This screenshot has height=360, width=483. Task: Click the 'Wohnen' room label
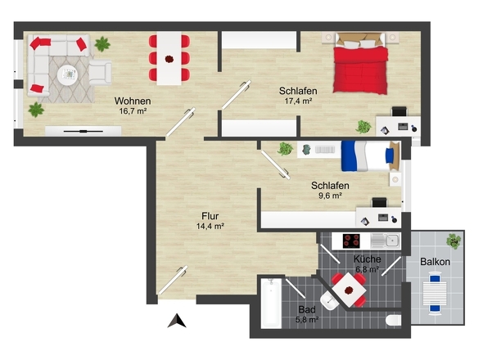133,101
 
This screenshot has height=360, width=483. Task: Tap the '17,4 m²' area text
298,101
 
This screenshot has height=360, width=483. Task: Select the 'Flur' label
210,216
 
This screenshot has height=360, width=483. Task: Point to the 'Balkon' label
435,262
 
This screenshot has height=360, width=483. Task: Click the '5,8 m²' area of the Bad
307,320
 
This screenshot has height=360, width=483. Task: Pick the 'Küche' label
368,259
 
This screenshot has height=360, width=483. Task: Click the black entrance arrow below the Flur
177,321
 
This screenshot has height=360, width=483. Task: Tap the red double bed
360,64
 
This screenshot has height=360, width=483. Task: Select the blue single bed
370,155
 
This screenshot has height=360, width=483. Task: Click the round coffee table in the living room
67,74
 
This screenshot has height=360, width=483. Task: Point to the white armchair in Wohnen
101,72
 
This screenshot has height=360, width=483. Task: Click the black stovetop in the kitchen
351,241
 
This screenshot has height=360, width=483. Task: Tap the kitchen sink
386,241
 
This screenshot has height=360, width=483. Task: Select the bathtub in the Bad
271,303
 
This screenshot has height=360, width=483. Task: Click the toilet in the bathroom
394,320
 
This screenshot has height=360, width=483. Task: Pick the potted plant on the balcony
454,241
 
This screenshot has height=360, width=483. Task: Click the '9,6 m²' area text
330,196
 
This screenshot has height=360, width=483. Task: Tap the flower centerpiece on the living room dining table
169,59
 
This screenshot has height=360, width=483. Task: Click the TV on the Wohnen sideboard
84,131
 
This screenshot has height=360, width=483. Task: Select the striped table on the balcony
435,294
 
